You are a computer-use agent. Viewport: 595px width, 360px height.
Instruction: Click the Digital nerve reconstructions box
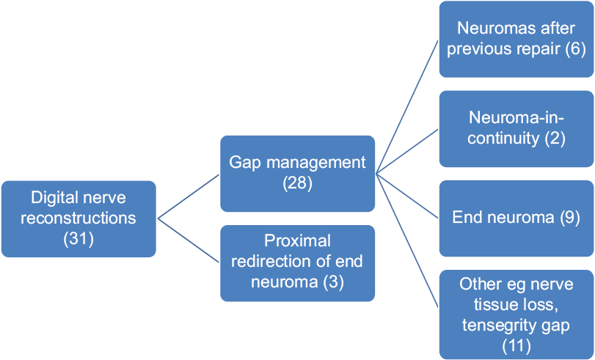[79, 219]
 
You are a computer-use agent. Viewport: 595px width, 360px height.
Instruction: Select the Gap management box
[298, 173]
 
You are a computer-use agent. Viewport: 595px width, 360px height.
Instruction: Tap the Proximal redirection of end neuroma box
[298, 263]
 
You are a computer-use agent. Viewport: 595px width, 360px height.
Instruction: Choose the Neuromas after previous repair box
[516, 39]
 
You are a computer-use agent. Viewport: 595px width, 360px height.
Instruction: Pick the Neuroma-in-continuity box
[516, 128]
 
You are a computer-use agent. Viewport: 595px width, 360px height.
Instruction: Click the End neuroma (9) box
[516, 218]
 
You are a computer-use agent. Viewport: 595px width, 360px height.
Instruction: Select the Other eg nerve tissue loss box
[516, 315]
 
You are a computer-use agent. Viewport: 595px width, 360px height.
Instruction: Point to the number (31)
[79, 239]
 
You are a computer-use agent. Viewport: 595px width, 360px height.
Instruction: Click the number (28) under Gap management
[298, 183]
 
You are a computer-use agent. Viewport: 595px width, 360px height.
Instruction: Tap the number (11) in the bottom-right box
[516, 346]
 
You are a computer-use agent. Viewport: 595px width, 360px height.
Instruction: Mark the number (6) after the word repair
[576, 49]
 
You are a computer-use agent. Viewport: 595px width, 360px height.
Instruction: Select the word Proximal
[298, 241]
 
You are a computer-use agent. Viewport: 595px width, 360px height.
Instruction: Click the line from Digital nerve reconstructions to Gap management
[189, 196]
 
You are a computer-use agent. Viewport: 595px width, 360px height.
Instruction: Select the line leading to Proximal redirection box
[189, 240]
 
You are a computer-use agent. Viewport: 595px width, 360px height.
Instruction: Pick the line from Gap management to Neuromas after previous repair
[407, 106]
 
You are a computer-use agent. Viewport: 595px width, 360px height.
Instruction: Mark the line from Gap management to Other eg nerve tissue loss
[407, 241]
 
